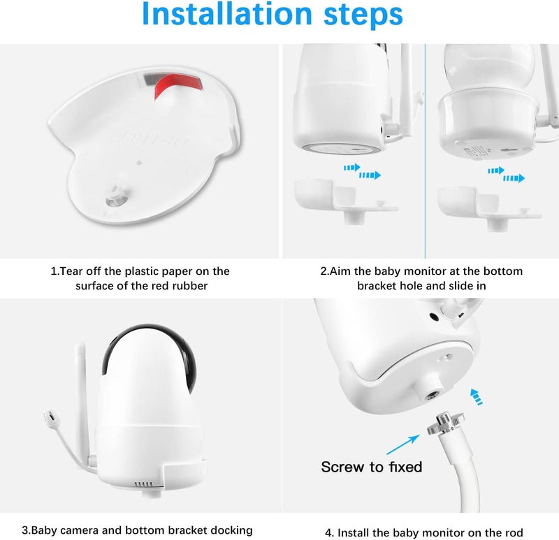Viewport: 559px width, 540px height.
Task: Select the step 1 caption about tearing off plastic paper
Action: coord(140,278)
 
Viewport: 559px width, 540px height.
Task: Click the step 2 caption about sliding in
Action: coord(421,278)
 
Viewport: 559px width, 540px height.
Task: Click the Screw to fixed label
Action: coord(372,467)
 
